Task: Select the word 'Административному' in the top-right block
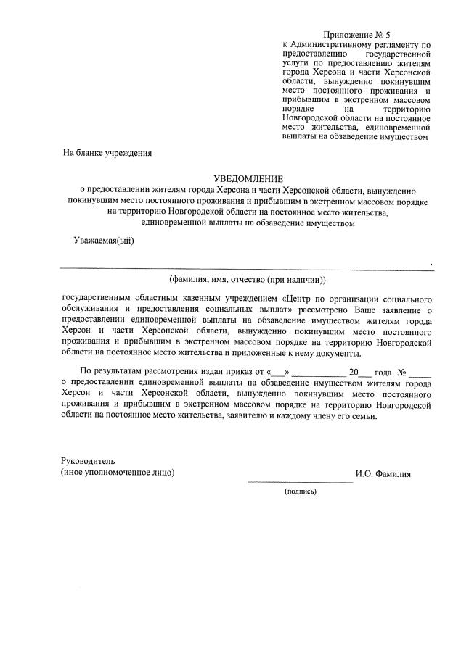330,45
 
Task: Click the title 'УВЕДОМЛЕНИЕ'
248,178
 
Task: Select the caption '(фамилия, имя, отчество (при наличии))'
248,280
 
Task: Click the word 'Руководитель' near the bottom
87,461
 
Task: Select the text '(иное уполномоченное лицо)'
118,473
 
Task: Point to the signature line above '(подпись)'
300,481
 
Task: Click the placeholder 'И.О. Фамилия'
383,474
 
